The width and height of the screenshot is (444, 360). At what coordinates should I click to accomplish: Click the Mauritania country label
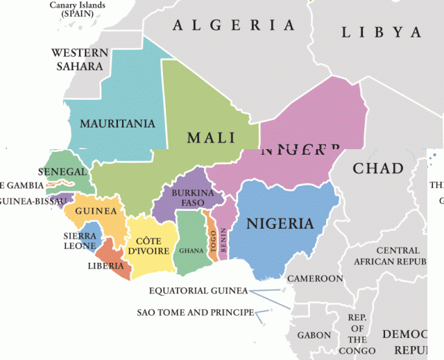pos(117,124)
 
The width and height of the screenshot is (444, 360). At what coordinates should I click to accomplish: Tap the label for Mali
pos(211,137)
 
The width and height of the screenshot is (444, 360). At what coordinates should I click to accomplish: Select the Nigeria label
pos(280,224)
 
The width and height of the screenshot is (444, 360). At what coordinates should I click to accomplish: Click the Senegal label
pos(62,171)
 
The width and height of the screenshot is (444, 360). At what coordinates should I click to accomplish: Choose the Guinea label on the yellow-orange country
pos(95,211)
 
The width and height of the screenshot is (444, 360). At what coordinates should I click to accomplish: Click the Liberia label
pos(105,266)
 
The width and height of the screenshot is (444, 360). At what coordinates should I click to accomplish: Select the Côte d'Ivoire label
pos(148,246)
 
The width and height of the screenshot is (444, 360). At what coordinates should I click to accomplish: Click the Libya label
pos(381,33)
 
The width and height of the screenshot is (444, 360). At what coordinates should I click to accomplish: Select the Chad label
pos(378,168)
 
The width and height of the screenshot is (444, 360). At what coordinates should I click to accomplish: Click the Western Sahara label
pos(80,60)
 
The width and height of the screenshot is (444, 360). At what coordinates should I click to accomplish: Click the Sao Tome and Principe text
pos(194,312)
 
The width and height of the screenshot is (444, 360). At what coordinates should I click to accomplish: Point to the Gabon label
pos(314,335)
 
